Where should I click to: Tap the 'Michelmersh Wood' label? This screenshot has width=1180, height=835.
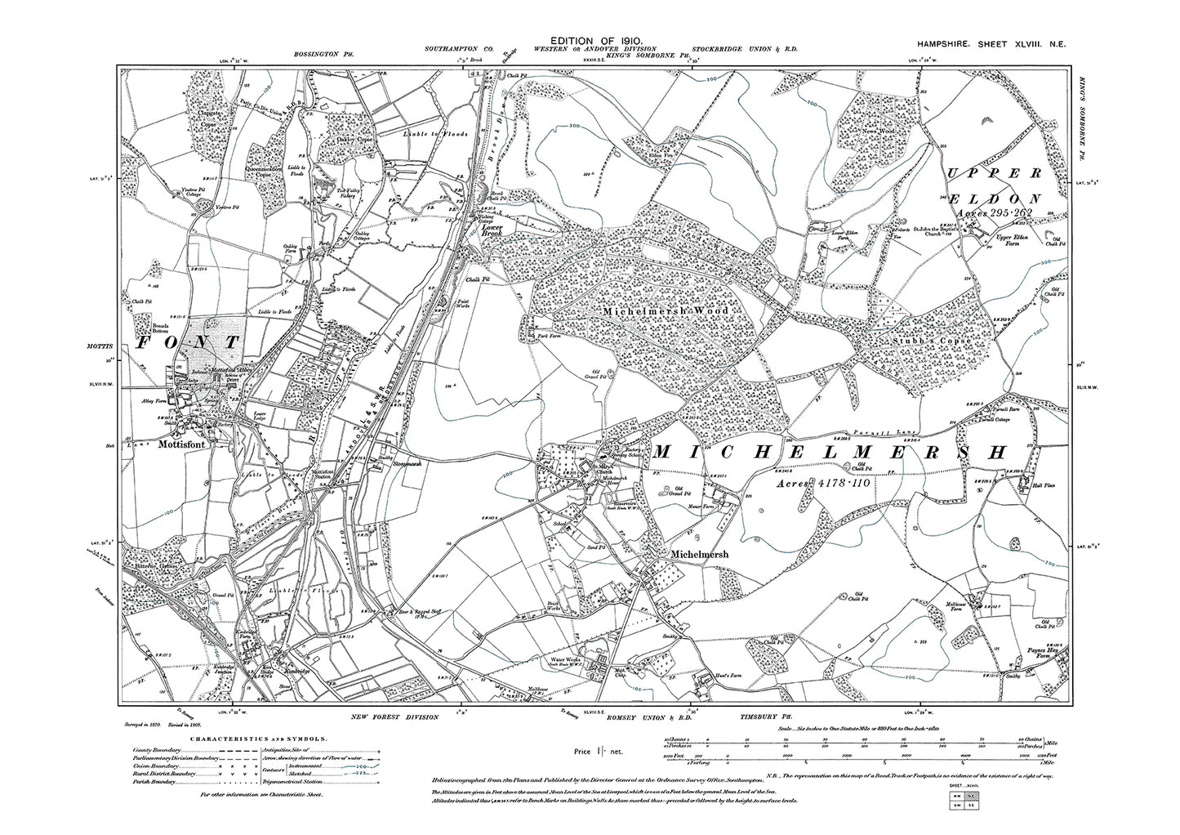tap(666, 311)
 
